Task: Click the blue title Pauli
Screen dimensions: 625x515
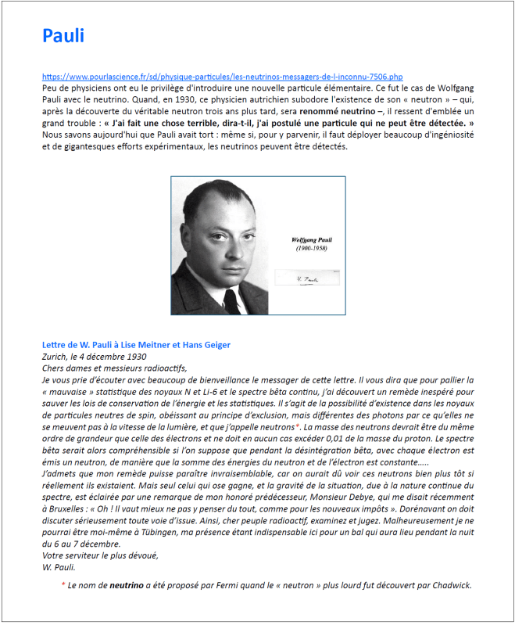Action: coord(63,35)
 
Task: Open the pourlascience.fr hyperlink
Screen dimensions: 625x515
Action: coord(223,77)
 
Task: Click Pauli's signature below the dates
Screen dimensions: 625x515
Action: coord(306,278)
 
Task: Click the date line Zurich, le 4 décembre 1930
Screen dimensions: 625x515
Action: coord(95,357)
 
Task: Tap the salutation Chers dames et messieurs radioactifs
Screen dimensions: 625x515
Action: coord(116,368)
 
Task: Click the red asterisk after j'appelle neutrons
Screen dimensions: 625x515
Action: coord(298,428)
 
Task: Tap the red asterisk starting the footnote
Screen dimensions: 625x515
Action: coord(63,584)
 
